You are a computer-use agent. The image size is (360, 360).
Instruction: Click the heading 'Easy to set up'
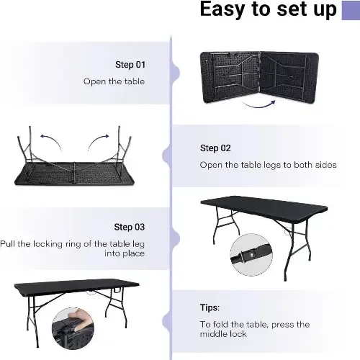tap(268, 9)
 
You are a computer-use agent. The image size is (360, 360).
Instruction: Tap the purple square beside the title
tap(351, 10)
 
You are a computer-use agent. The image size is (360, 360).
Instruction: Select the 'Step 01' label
tap(130, 65)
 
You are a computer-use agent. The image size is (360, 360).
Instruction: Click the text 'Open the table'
tap(114, 81)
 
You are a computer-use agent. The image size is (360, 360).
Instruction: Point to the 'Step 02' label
tap(215, 148)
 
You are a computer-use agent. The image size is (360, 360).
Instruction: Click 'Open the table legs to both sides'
tap(268, 165)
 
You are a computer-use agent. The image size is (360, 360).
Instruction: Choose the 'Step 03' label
tap(130, 227)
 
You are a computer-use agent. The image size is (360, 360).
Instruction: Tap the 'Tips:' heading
tap(210, 307)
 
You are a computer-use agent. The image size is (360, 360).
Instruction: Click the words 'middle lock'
tap(223, 334)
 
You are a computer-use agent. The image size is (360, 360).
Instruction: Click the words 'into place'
tap(125, 253)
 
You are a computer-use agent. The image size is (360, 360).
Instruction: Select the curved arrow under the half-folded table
tap(259, 105)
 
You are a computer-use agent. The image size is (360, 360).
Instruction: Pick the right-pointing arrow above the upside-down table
tap(97, 142)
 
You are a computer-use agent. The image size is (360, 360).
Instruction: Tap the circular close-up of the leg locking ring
tap(251, 255)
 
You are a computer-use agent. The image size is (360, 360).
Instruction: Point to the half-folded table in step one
tap(259, 77)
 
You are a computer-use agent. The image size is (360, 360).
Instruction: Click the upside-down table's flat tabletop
tap(74, 174)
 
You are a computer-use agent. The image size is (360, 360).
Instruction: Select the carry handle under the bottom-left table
tap(117, 290)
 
